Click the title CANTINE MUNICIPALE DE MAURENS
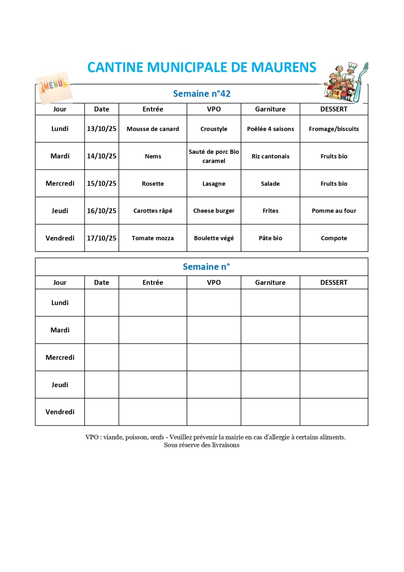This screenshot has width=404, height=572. tap(202, 67)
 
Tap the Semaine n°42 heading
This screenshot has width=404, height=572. tap(202, 94)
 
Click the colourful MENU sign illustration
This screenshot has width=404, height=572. tap(54, 88)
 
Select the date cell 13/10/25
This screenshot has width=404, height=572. tap(102, 129)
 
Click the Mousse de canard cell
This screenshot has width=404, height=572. tap(153, 129)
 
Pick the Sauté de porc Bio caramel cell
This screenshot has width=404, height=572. tap(214, 156)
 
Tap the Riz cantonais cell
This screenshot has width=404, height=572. tap(270, 156)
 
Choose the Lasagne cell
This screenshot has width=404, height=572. tap(214, 184)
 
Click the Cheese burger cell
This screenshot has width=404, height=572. tap(214, 211)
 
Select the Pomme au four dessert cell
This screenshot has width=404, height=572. tap(334, 211)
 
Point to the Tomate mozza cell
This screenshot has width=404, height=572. tap(153, 238)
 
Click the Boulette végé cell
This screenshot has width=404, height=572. tap(214, 238)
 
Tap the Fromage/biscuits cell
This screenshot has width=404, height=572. tap(334, 129)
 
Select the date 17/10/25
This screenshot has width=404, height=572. tap(102, 238)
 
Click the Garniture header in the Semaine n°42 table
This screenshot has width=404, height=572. tap(270, 109)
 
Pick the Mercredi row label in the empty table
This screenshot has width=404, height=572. tap(60, 357)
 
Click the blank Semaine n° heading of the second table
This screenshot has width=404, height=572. tap(206, 267)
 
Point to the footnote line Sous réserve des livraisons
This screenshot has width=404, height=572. tap(202, 445)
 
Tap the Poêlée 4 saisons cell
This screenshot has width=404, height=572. tap(270, 129)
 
